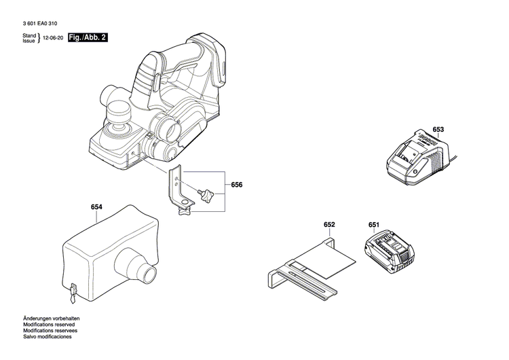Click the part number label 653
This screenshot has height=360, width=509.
pos(438,130)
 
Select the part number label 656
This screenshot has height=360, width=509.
pos(237,185)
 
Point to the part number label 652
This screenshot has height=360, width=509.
pos(330,224)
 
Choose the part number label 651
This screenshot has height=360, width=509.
pos(374,224)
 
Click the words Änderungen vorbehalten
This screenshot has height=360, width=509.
pos(51,319)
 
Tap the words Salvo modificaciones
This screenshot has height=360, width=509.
pos(48,338)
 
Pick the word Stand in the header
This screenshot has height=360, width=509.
pos(29,35)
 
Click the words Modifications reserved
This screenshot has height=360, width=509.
pos(48,325)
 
